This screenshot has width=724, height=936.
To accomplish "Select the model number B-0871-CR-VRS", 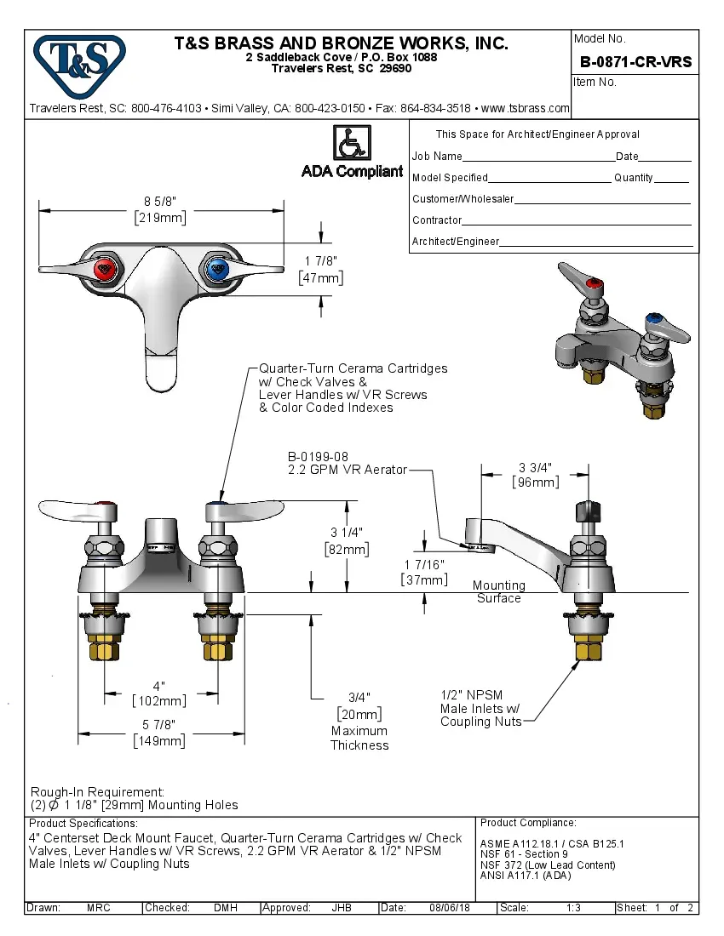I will (635, 62).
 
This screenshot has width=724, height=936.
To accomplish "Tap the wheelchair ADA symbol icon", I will (351, 144).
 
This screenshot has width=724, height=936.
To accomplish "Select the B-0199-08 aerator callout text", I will (318, 457).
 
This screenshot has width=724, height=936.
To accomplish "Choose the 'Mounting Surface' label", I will (498, 591).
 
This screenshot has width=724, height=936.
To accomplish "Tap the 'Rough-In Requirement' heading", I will (97, 791).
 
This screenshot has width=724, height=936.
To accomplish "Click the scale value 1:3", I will (573, 908).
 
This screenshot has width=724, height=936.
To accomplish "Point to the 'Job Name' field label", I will (437, 157).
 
